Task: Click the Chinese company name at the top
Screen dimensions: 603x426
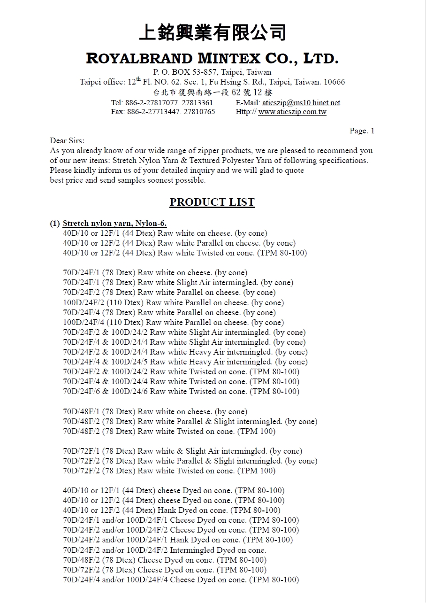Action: (x=213, y=33)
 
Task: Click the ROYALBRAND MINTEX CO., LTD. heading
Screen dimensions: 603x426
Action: (x=213, y=59)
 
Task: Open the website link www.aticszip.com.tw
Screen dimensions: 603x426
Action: (x=292, y=112)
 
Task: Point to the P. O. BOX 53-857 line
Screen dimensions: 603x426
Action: (x=213, y=72)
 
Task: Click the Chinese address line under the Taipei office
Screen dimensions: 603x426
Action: (x=213, y=93)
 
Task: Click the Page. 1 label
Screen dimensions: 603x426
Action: (x=362, y=131)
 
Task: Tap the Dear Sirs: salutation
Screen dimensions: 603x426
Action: (x=67, y=141)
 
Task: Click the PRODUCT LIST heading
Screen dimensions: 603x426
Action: (x=212, y=202)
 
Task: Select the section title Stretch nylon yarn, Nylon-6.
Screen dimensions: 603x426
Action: (x=115, y=224)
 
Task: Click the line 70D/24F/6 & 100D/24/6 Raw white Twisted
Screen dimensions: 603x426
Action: (x=181, y=392)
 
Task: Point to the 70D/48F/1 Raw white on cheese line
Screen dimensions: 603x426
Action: (x=155, y=412)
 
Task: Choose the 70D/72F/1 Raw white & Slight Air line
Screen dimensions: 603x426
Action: (x=183, y=451)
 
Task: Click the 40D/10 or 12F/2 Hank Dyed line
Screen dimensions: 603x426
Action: (x=172, y=510)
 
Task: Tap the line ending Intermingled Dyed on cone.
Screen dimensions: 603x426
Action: (x=164, y=550)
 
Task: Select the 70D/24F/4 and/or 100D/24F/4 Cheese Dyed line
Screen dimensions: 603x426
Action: (x=181, y=580)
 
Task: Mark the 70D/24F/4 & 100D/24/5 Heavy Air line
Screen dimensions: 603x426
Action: (x=185, y=362)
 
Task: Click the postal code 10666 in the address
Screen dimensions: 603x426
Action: (x=335, y=82)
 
